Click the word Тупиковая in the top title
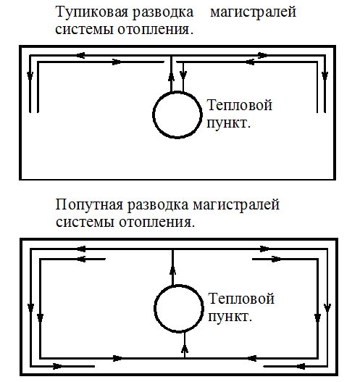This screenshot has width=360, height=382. (x=92, y=12)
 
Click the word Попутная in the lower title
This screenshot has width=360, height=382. (x=89, y=204)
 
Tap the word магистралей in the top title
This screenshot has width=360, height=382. (x=253, y=12)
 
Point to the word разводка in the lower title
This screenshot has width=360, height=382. (x=158, y=204)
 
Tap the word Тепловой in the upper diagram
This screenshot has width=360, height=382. (x=240, y=105)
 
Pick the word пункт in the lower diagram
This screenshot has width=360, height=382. (x=228, y=317)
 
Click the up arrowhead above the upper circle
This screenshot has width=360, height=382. (x=172, y=76)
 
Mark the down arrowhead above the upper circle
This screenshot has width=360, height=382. (x=183, y=75)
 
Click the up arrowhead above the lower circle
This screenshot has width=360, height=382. (x=173, y=270)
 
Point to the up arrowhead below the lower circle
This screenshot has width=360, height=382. (x=185, y=349)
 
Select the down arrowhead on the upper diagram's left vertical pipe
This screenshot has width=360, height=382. (x=30, y=76)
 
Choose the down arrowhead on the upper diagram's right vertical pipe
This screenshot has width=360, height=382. (x=325, y=76)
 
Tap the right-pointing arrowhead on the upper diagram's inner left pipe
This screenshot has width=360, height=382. (x=117, y=62)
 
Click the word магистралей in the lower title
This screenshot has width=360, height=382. (x=236, y=204)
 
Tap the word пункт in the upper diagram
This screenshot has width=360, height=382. (x=227, y=123)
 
